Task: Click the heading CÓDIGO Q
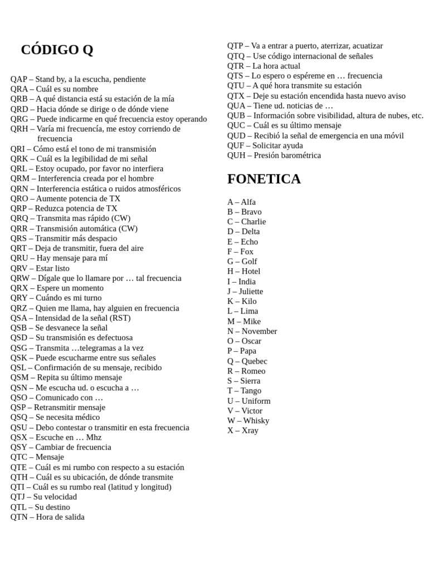click(57, 50)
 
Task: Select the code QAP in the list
click(19, 79)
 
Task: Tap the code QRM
click(19, 178)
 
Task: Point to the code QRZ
click(18, 308)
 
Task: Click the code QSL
click(18, 367)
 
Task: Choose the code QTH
click(19, 477)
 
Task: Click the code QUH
click(236, 155)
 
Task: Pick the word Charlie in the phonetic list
click(254, 221)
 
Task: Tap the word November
click(259, 331)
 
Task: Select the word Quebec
click(254, 361)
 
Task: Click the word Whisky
click(256, 420)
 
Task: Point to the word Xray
click(250, 430)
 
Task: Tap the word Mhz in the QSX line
click(94, 437)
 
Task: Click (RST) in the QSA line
click(120, 318)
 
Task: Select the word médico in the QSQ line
click(86, 417)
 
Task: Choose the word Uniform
click(256, 401)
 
